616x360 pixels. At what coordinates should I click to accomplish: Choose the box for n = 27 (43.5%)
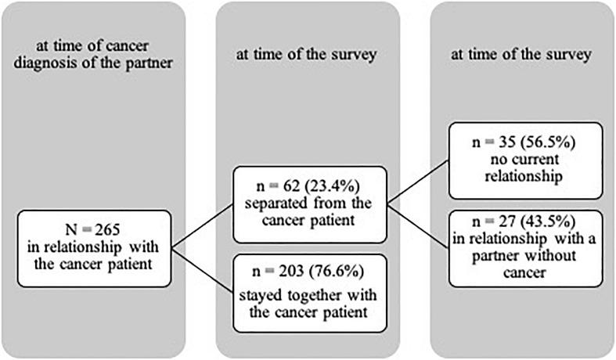521,244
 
